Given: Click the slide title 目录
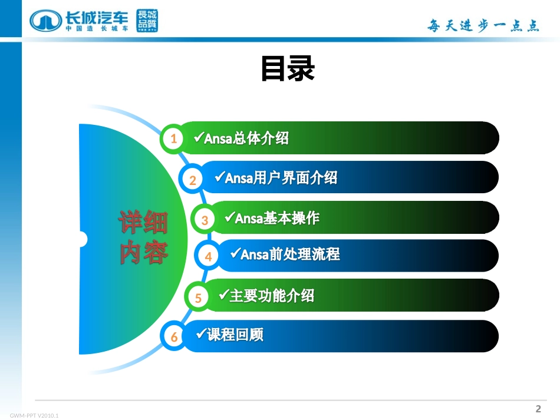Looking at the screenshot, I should [x=288, y=70].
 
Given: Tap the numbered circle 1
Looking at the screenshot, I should [x=173, y=139].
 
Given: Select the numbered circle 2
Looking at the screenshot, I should [x=193, y=180].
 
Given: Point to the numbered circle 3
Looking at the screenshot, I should [x=205, y=220].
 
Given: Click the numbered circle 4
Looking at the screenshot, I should [x=208, y=257].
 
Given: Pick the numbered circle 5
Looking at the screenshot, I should [x=199, y=297].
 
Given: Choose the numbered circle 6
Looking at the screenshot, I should [x=174, y=337].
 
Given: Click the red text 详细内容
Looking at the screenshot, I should [x=144, y=237].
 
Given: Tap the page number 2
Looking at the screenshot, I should [x=538, y=409].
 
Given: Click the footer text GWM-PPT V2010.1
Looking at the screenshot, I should [x=34, y=415].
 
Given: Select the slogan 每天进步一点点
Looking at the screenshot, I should [x=483, y=25].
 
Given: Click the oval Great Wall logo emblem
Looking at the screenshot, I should [x=45, y=21].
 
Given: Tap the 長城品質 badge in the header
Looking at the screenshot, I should [x=147, y=21].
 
